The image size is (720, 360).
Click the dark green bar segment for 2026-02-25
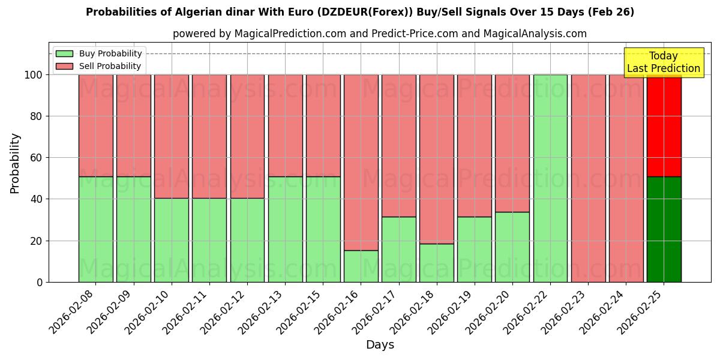click(664, 229)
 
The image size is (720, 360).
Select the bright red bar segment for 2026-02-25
click(664, 125)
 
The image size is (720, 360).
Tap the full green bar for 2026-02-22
click(550, 178)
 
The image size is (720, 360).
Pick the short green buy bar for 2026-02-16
click(361, 266)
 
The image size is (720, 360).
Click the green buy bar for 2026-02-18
click(436, 263)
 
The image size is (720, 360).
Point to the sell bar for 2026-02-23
click(588, 178)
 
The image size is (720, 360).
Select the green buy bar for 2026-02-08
click(95, 229)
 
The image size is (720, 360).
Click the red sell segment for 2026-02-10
click(172, 136)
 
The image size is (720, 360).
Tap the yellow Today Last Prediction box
click(663, 62)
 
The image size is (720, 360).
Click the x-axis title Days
click(380, 345)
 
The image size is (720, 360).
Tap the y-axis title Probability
click(15, 163)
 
